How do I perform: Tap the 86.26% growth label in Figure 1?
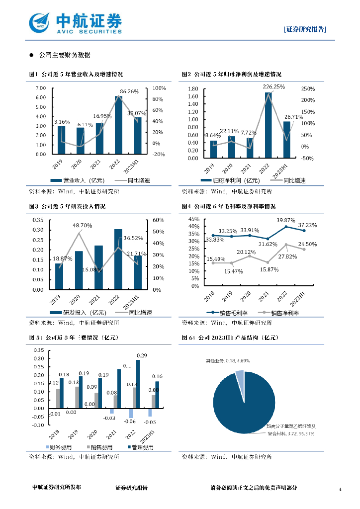(x=130, y=91)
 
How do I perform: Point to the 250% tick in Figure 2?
(x=308, y=88)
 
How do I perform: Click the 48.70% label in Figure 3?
(x=83, y=225)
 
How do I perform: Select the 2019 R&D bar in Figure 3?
(x=60, y=276)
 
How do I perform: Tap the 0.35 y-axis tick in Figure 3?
(x=38, y=220)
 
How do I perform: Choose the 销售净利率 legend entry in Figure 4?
(x=281, y=313)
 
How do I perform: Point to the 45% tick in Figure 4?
(x=194, y=219)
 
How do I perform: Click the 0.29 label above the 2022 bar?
(x=142, y=355)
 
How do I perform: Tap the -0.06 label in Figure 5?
(x=130, y=422)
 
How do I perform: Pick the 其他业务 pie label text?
(x=225, y=360)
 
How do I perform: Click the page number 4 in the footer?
(x=340, y=490)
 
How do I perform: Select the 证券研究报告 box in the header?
(x=305, y=29)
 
